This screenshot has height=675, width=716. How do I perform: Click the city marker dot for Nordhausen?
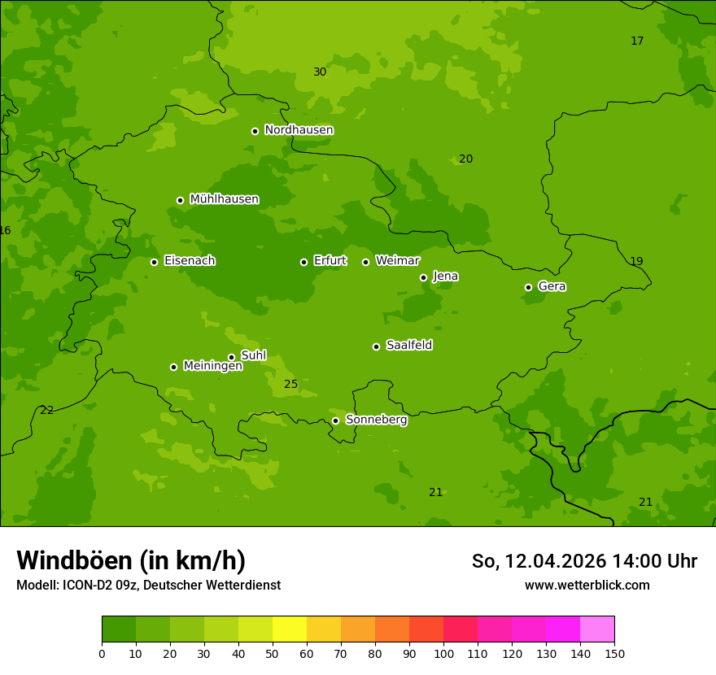click(x=255, y=131)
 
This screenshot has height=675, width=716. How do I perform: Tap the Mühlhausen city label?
click(x=224, y=199)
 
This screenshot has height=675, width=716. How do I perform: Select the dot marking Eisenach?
click(x=154, y=262)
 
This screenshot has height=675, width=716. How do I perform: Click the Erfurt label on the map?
click(x=330, y=261)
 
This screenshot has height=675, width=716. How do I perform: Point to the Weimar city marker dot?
click(x=365, y=262)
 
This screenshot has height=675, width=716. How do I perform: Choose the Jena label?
click(x=445, y=277)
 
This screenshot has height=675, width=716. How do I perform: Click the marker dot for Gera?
click(x=528, y=287)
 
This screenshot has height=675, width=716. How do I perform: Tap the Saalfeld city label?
click(x=408, y=346)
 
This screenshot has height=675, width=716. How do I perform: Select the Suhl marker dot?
click(x=231, y=357)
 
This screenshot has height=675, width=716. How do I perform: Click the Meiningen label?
click(x=212, y=366)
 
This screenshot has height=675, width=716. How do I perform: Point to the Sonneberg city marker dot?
click(x=335, y=420)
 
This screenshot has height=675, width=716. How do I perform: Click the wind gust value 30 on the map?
click(x=320, y=72)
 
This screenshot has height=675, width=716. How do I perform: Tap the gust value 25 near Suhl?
click(x=290, y=384)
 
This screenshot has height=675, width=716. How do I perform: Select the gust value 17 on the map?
click(x=637, y=41)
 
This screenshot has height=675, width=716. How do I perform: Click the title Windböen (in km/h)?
click(x=131, y=560)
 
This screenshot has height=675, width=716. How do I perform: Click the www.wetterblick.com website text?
click(x=587, y=586)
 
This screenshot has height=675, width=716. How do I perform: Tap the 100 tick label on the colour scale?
click(x=443, y=653)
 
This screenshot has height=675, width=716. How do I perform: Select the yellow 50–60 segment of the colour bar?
click(x=290, y=629)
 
